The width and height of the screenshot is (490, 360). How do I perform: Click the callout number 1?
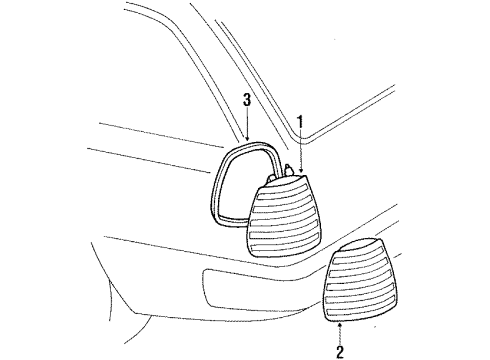point(300,122)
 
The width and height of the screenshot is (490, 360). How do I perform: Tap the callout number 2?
point(340,352)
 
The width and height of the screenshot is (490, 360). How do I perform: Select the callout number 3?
point(247,100)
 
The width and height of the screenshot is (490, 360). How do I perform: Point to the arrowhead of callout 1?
point(300,170)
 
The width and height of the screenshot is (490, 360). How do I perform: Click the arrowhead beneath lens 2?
point(340,325)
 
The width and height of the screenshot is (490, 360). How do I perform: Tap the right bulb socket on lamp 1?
point(288,170)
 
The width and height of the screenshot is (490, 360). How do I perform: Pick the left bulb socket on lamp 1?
point(270,179)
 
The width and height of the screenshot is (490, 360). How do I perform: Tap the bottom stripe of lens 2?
point(359,312)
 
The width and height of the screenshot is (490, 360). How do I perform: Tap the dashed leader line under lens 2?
point(340,335)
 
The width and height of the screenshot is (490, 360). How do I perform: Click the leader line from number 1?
point(300,149)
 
